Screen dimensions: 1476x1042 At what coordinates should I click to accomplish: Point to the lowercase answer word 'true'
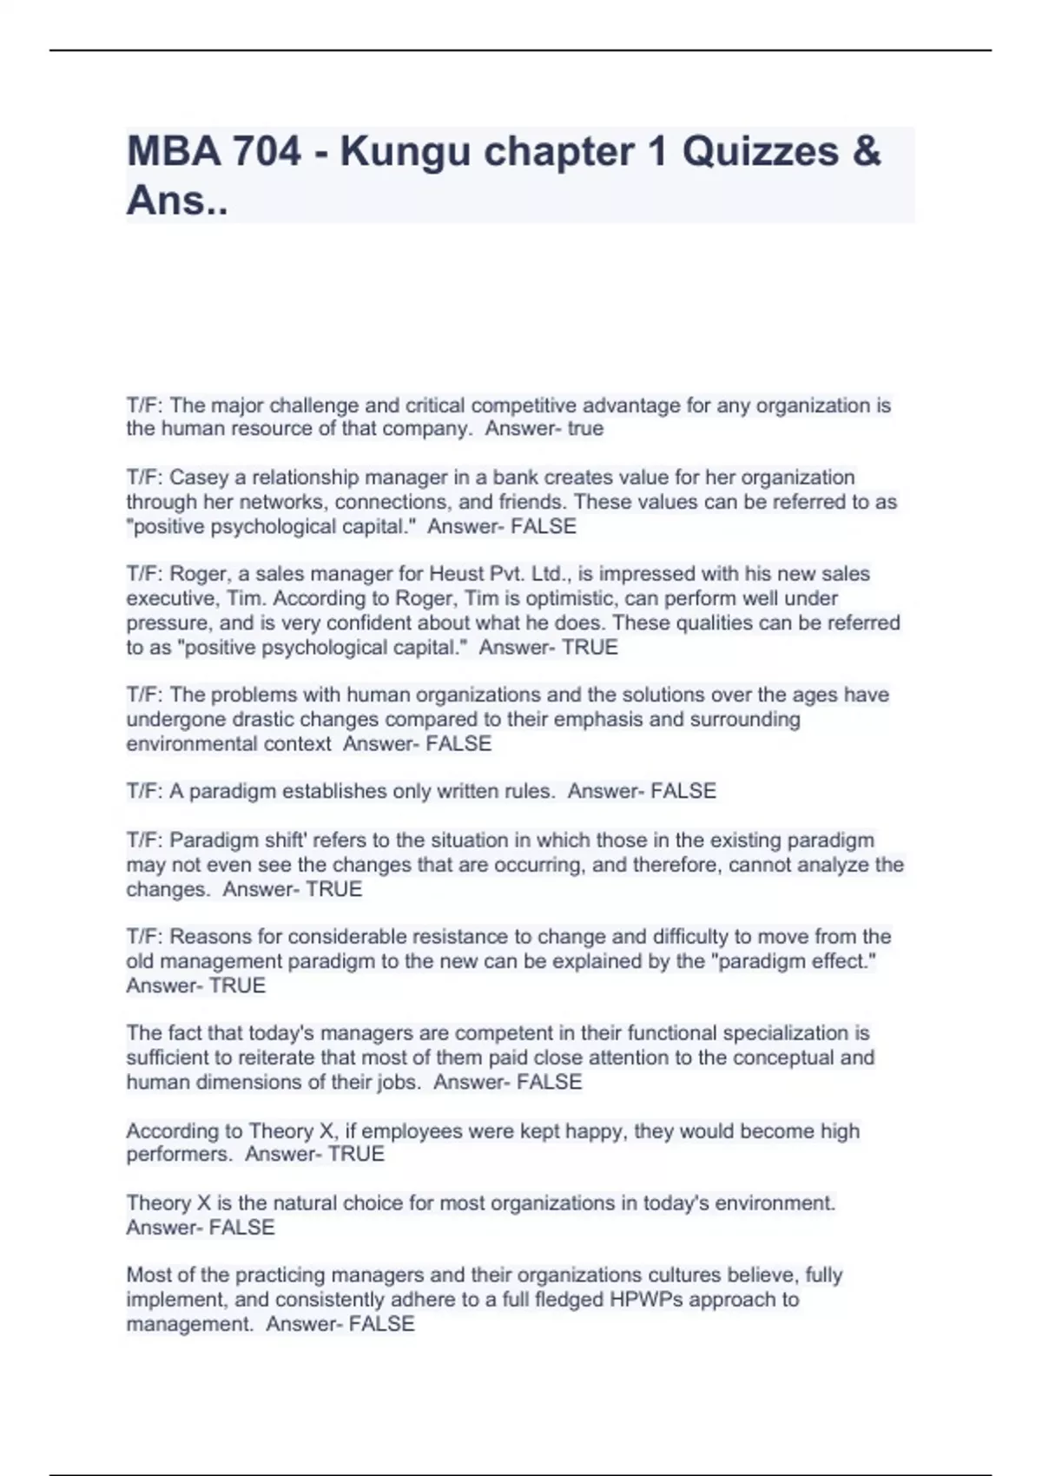(584, 429)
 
